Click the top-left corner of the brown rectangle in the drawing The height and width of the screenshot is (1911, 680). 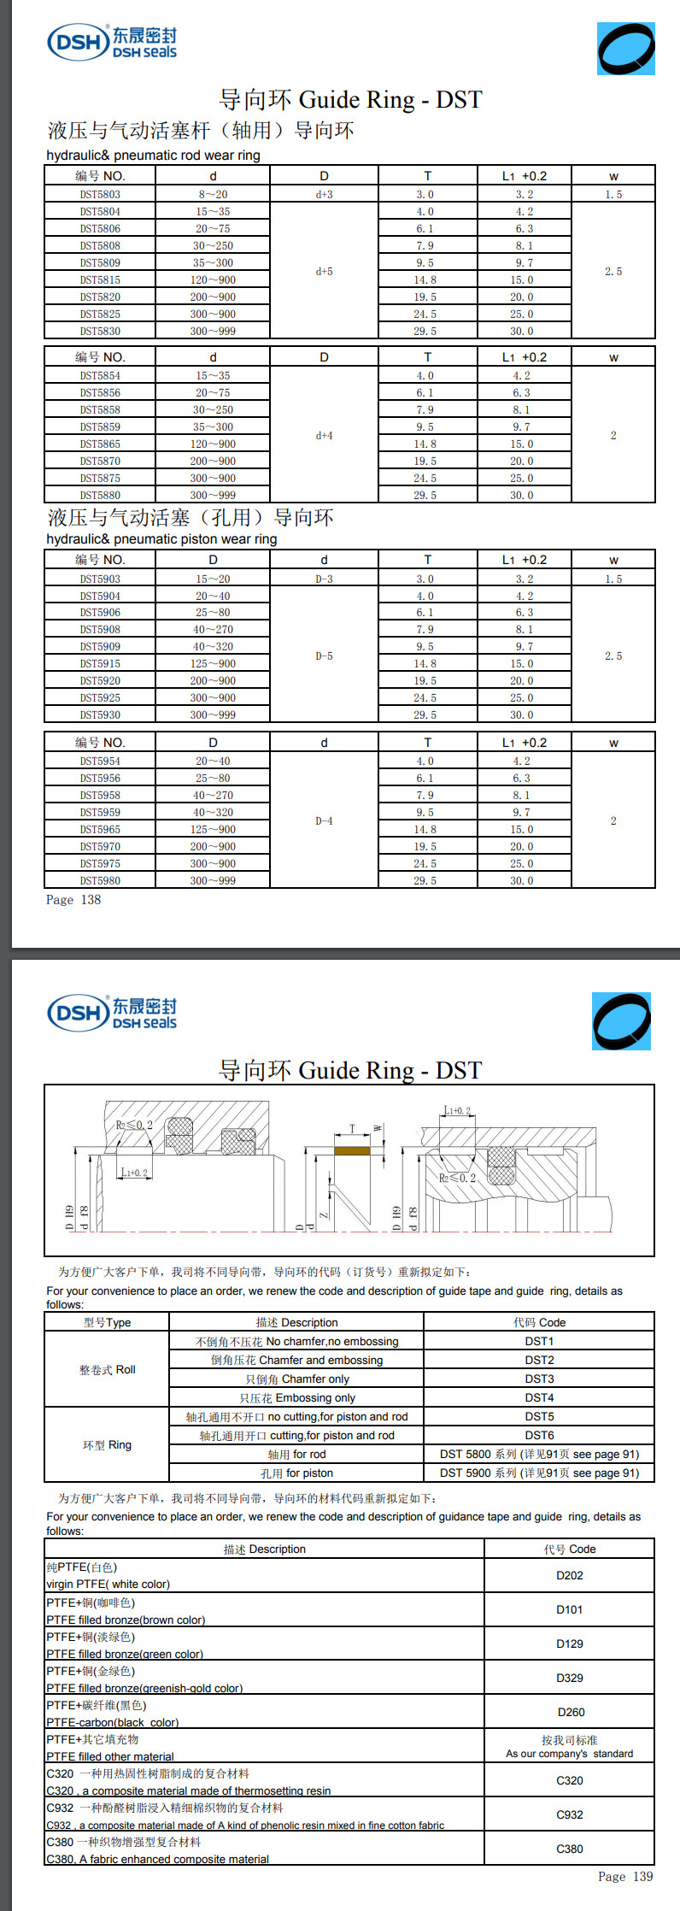coord(334,1146)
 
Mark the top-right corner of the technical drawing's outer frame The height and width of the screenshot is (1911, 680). coord(654,1085)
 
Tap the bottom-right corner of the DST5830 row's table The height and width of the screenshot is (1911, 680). coord(655,338)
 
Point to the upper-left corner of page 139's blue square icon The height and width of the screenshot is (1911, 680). coord(592,992)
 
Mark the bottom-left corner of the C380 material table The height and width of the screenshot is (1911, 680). coord(44,1866)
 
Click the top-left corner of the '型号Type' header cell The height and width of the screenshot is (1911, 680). coord(44,1313)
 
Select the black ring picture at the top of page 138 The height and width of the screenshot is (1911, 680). coord(626,49)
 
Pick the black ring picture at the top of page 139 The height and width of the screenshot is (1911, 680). coord(621,1021)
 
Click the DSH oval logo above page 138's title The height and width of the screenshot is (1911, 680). coord(78,41)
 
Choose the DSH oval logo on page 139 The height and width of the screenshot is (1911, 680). coord(78,1013)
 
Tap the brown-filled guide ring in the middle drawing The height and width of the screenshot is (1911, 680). coord(352,1150)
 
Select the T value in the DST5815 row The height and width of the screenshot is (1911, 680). coord(425,279)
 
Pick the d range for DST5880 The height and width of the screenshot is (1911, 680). coord(213,495)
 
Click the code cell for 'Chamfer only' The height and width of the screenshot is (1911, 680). coord(539,1379)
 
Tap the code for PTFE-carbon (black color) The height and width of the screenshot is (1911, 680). coord(570,1712)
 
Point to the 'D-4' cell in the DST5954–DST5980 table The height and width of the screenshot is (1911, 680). coord(324,820)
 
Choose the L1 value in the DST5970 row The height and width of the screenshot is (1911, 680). coord(522,846)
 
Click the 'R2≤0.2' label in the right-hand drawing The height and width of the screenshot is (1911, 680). coord(458,1178)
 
